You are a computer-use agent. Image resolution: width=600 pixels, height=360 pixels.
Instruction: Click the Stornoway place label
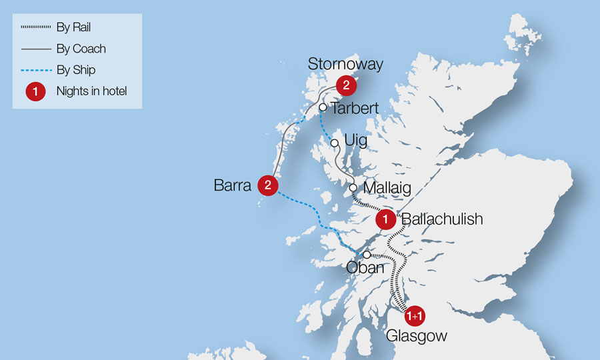coord(345,65)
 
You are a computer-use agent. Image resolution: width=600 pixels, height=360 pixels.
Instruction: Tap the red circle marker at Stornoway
coord(346,85)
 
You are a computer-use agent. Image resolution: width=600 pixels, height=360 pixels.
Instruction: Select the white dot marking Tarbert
coord(323,107)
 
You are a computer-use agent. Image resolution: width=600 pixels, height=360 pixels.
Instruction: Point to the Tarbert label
coord(355,108)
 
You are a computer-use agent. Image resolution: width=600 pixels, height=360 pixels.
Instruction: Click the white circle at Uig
coord(335,142)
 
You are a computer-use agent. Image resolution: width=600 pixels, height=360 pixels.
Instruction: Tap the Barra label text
coord(233,185)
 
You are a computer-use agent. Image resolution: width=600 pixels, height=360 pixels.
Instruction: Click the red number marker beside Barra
coord(267,185)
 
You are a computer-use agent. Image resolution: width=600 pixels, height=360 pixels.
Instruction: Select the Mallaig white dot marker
coord(353,187)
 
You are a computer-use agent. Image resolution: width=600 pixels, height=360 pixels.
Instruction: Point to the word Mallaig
coord(386,188)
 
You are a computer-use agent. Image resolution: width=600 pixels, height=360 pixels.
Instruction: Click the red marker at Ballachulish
coord(385,219)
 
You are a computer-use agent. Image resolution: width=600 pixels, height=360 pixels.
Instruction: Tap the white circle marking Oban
coord(367,254)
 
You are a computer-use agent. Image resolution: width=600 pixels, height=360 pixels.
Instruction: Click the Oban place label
coord(366,267)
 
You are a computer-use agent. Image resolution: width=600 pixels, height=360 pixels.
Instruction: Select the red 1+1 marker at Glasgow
coord(414,315)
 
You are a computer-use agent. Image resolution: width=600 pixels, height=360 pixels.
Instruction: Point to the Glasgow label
coord(417,336)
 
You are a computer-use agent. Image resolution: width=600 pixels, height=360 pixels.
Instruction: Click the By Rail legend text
coord(73,27)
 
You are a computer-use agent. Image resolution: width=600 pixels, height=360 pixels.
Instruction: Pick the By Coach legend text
coord(81,49)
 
